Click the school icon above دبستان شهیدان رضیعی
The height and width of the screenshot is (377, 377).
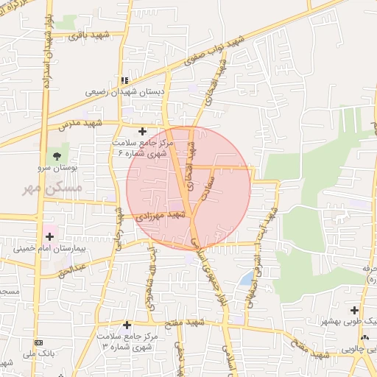point(124,80)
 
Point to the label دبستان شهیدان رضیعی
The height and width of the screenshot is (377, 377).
point(123,92)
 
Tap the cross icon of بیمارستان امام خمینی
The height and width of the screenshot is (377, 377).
point(49,236)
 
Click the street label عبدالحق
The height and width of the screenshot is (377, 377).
point(72,269)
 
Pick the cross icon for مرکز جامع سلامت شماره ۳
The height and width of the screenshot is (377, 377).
point(127,324)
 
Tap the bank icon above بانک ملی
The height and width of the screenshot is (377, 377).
point(38,344)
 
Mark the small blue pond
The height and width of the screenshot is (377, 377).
point(245,279)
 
